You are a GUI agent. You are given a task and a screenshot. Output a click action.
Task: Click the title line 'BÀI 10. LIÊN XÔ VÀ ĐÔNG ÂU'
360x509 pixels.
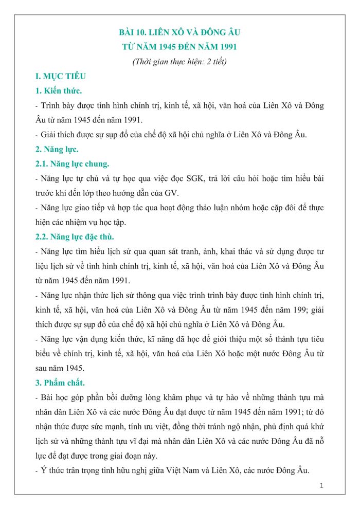[179, 32]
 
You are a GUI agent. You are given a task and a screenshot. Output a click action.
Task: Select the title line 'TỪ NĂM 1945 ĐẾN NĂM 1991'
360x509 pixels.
[179, 47]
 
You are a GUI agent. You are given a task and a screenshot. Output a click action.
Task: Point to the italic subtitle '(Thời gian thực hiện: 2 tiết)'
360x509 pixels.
[179, 62]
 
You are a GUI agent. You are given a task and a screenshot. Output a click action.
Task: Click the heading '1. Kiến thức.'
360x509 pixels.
[59, 91]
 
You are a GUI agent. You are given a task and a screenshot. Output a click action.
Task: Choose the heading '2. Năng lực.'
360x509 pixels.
[57, 150]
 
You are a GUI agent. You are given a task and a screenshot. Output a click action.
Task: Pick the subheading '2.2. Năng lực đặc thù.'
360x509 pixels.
[75, 237]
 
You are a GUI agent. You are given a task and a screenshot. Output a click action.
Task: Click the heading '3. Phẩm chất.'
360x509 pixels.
[59, 383]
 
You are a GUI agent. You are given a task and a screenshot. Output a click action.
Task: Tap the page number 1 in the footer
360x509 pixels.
[321, 485]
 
